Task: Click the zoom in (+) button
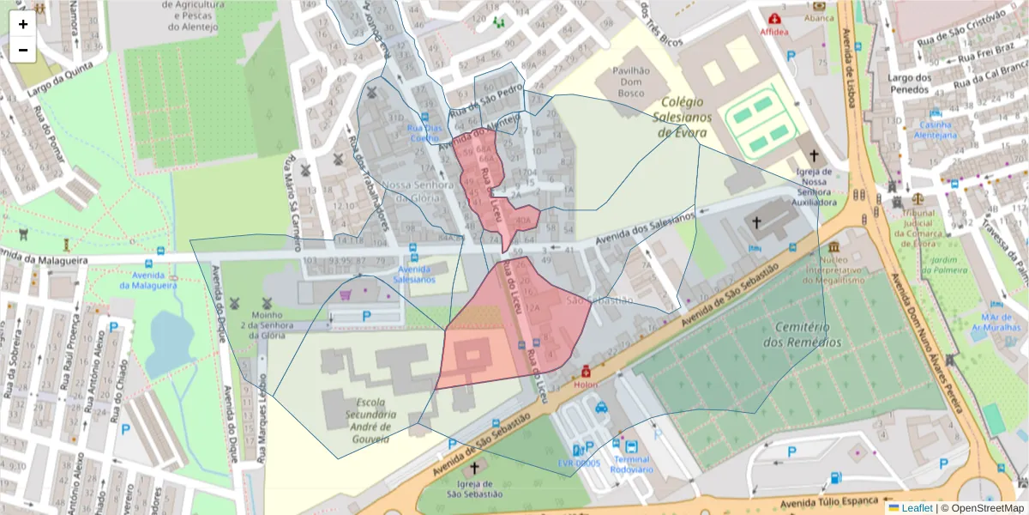(23, 24)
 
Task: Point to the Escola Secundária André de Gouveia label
(361, 420)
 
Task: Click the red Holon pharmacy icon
(586, 372)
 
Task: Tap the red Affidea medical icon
(775, 18)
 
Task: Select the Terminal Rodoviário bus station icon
(631, 447)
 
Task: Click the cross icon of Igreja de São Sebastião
(474, 468)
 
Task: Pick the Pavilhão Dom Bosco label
(637, 81)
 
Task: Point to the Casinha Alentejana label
(935, 130)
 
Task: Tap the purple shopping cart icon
(346, 294)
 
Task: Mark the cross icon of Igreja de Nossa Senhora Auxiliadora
(814, 156)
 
